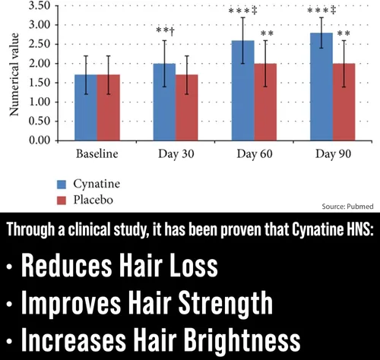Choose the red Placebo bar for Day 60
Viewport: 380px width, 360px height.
coord(265,102)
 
